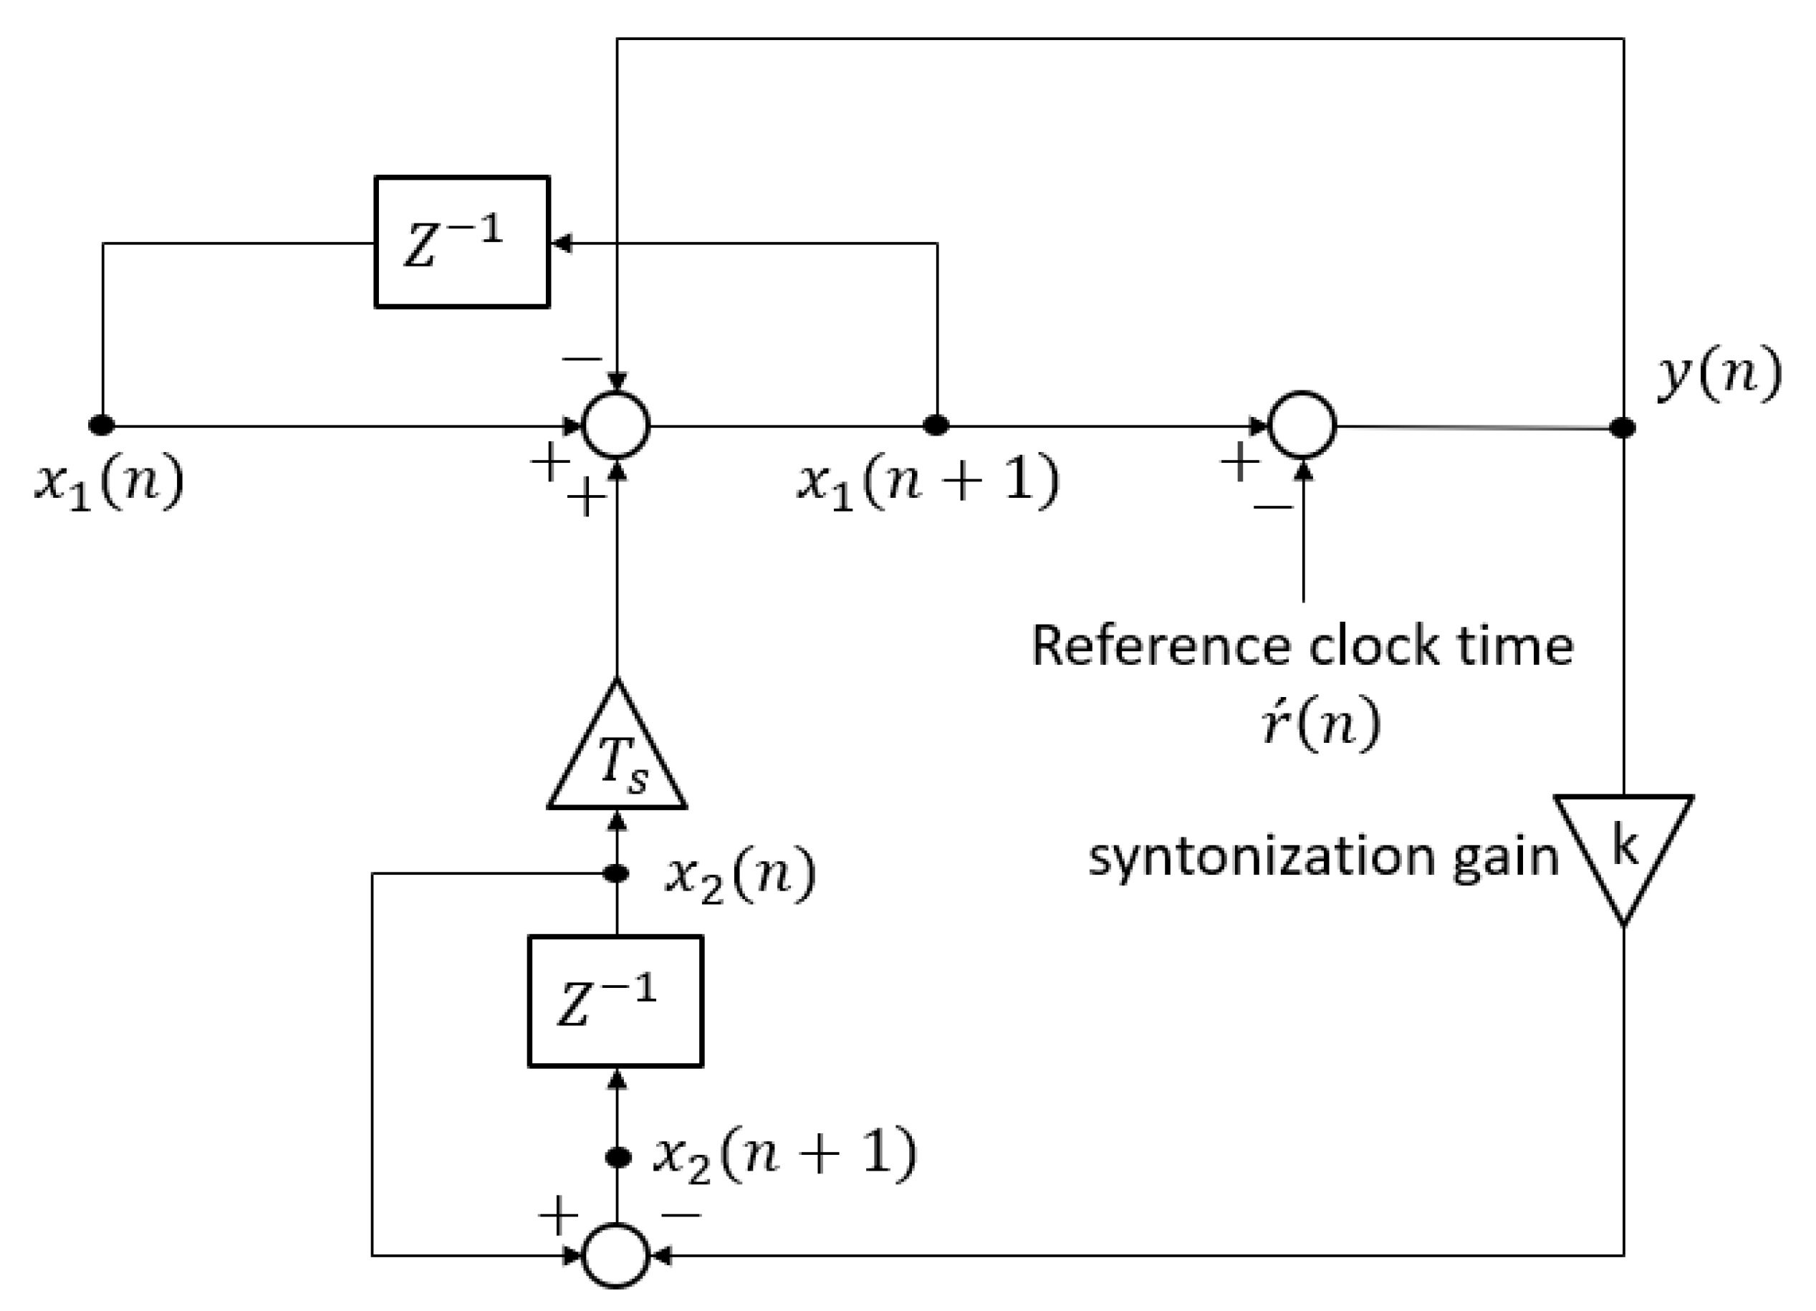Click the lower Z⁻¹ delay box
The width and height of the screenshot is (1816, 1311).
(x=615, y=1000)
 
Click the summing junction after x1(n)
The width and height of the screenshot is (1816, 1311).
(x=616, y=426)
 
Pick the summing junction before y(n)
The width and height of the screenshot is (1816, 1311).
(x=1303, y=426)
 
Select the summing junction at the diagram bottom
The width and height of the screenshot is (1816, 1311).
(x=616, y=1255)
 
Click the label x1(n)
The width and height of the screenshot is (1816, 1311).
(x=109, y=483)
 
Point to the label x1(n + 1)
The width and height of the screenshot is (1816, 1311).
(x=927, y=483)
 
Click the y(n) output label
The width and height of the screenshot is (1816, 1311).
(x=1719, y=374)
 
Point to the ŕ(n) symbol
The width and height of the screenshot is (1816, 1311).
(x=1321, y=721)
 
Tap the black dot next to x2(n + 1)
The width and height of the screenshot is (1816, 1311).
(x=618, y=1157)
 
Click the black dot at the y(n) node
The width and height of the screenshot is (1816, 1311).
(x=1623, y=428)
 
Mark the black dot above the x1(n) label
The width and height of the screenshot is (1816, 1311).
(x=102, y=426)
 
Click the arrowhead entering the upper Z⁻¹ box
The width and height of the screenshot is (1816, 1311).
(x=560, y=243)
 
